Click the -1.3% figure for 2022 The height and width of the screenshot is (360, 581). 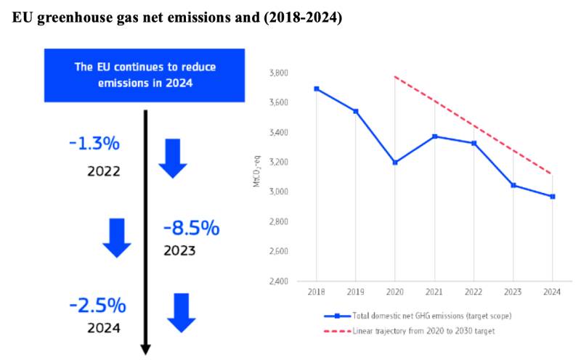[94, 144]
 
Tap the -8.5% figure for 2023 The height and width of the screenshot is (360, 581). [191, 229]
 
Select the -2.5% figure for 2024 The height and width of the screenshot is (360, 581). [97, 305]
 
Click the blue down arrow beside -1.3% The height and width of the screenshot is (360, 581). [173, 158]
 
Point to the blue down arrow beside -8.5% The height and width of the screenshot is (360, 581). [117, 237]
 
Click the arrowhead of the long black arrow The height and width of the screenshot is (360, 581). [145, 349]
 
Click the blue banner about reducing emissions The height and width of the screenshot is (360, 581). [146, 75]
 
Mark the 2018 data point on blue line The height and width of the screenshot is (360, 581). [316, 89]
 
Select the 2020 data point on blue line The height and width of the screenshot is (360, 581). [395, 163]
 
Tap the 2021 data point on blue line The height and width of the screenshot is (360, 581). [434, 136]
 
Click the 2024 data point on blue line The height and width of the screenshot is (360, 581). [553, 196]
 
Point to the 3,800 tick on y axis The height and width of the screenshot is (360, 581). [279, 73]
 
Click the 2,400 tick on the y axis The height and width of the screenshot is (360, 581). [279, 282]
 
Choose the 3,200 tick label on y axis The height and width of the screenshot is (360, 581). [279, 163]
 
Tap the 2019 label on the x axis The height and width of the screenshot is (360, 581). [355, 293]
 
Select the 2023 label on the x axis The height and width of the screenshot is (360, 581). [513, 293]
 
